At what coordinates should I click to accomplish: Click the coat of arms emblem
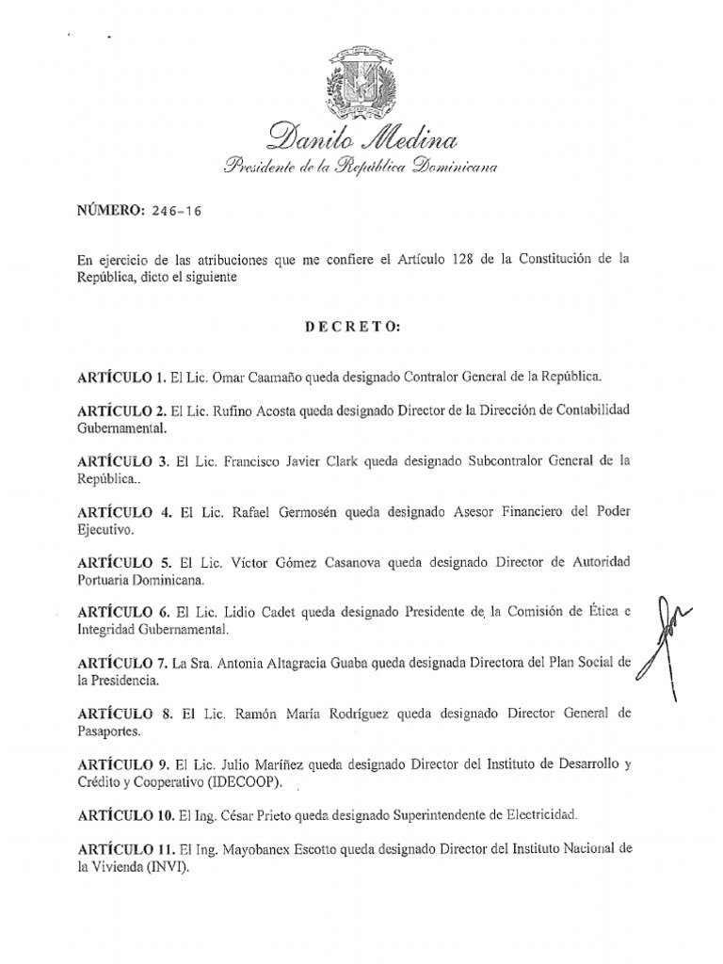coord(361,83)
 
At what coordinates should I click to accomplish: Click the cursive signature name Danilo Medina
coord(362,139)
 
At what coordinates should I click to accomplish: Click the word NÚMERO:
coord(109,211)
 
